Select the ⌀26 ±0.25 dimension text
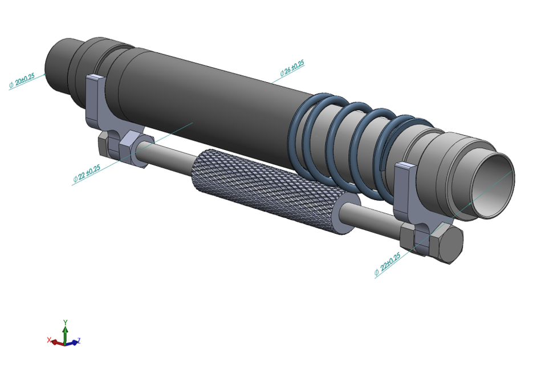tap(292, 68)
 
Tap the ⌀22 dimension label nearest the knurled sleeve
tap(87, 173)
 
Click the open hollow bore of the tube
tap(495, 183)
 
